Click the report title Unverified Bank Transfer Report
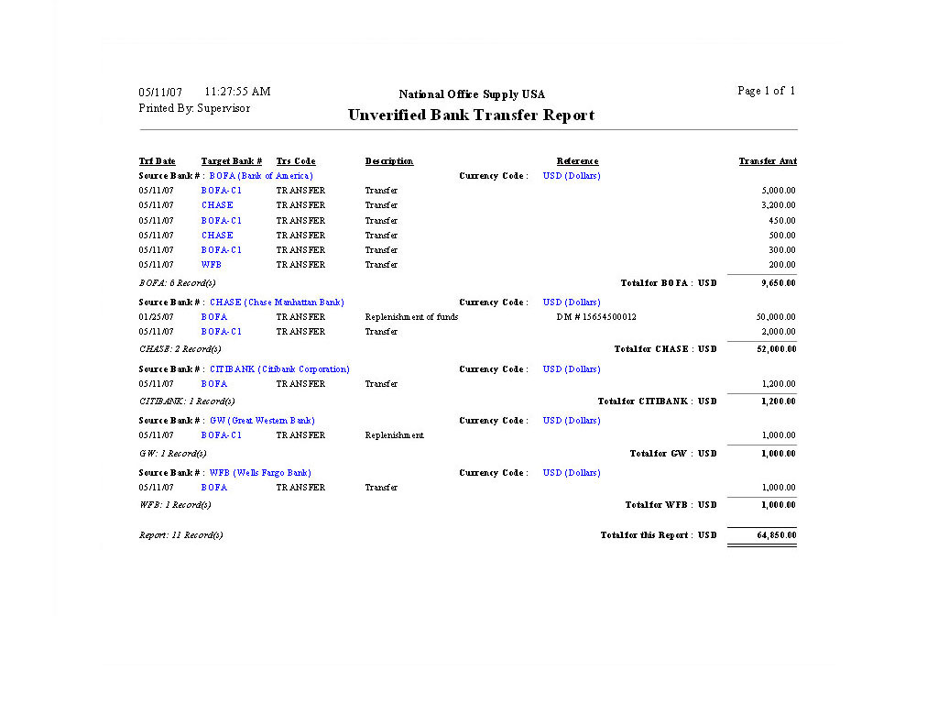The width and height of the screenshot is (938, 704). pyautogui.click(x=471, y=115)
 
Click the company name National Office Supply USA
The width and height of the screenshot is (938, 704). pyautogui.click(x=472, y=94)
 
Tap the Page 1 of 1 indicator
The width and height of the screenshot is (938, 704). pyautogui.click(x=766, y=91)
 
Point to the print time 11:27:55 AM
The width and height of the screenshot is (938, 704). pyautogui.click(x=237, y=92)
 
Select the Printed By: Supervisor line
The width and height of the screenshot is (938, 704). pyautogui.click(x=194, y=108)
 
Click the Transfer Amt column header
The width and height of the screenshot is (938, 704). pyautogui.click(x=768, y=161)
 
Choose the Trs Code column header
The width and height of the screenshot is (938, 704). pyautogui.click(x=296, y=161)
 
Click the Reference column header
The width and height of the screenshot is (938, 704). pyautogui.click(x=577, y=161)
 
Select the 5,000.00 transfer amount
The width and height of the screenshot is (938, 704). pyautogui.click(x=779, y=191)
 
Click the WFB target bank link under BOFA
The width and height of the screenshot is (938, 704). pyautogui.click(x=212, y=265)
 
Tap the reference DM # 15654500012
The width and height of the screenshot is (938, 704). pyautogui.click(x=596, y=317)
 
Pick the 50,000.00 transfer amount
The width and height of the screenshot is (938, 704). pyautogui.click(x=776, y=317)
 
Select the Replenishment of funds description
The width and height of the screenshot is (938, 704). pyautogui.click(x=411, y=317)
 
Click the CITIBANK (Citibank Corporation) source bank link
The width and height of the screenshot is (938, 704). pyautogui.click(x=279, y=369)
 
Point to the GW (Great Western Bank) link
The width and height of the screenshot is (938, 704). pyautogui.click(x=262, y=421)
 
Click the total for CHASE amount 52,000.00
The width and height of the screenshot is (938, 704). pyautogui.click(x=776, y=349)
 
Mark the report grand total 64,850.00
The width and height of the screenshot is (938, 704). pyautogui.click(x=776, y=535)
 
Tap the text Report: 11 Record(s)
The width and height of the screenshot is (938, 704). pyautogui.click(x=180, y=535)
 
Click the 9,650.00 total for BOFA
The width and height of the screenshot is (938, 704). pyautogui.click(x=779, y=283)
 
